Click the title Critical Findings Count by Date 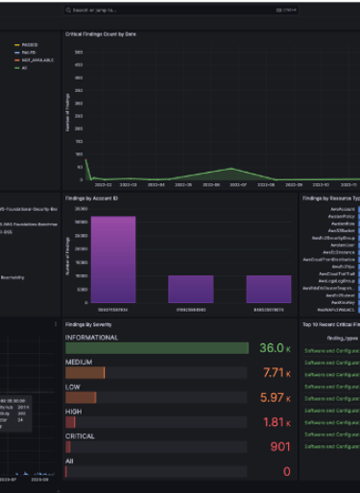[101, 34]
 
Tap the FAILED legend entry [27, 52]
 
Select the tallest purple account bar [113, 260]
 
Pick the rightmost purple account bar [269, 290]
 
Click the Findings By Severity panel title [93, 325]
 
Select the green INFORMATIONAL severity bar [156, 348]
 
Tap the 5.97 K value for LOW [276, 397]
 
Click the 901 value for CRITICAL [280, 447]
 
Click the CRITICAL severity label [81, 436]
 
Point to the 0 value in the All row [286, 471]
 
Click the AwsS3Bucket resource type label [343, 230]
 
